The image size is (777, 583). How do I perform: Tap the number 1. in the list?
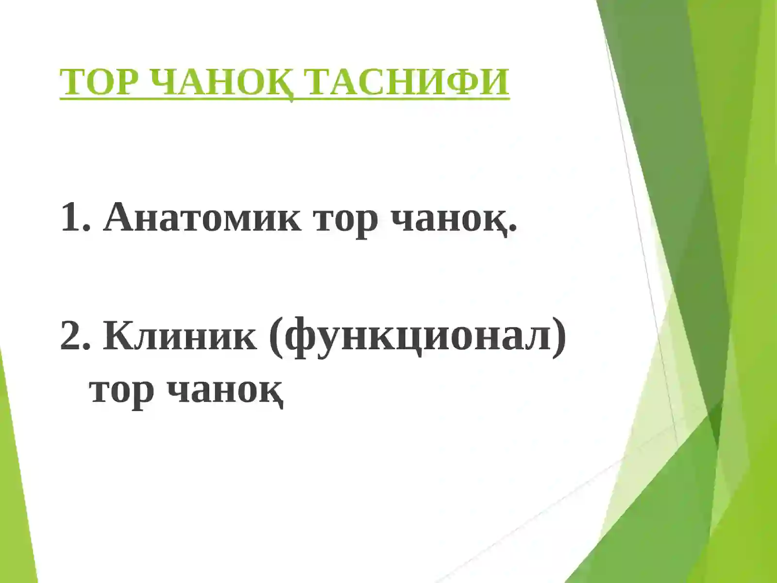75,218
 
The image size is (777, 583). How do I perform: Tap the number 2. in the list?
75,336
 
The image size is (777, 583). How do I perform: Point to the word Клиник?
180,336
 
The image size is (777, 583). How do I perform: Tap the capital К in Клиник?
118,336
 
